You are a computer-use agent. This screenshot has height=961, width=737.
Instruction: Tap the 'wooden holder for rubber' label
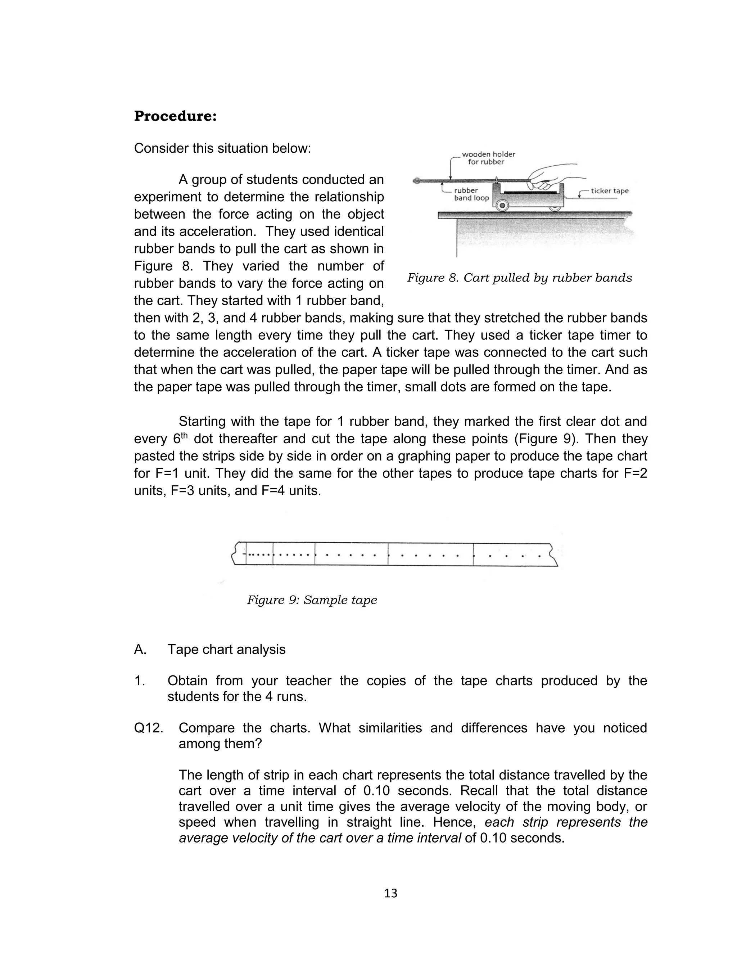pyautogui.click(x=488, y=158)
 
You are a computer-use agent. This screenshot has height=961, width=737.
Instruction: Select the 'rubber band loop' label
pyautogui.click(x=471, y=194)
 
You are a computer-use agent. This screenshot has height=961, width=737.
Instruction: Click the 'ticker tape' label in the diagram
pyautogui.click(x=609, y=191)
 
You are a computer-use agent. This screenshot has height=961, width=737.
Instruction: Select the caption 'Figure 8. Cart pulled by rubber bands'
pyautogui.click(x=519, y=278)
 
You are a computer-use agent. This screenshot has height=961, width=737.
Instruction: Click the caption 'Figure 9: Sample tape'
pyautogui.click(x=312, y=600)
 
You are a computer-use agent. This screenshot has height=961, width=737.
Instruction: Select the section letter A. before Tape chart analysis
pyautogui.click(x=140, y=650)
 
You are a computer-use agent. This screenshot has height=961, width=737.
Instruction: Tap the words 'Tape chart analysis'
pyautogui.click(x=226, y=650)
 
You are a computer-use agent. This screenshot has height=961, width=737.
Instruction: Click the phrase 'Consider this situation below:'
pyautogui.click(x=222, y=148)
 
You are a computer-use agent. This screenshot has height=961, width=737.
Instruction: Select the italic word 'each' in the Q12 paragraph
pyautogui.click(x=499, y=822)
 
